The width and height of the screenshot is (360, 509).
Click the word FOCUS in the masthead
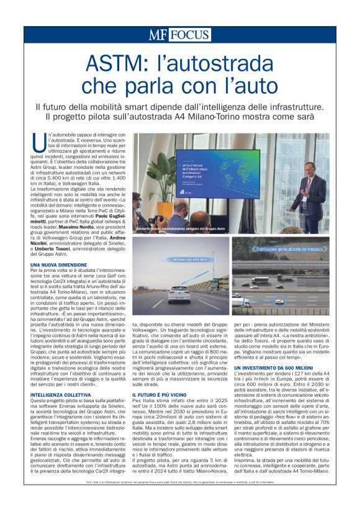point(190,35)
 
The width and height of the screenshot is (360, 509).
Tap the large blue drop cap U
point(38,142)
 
